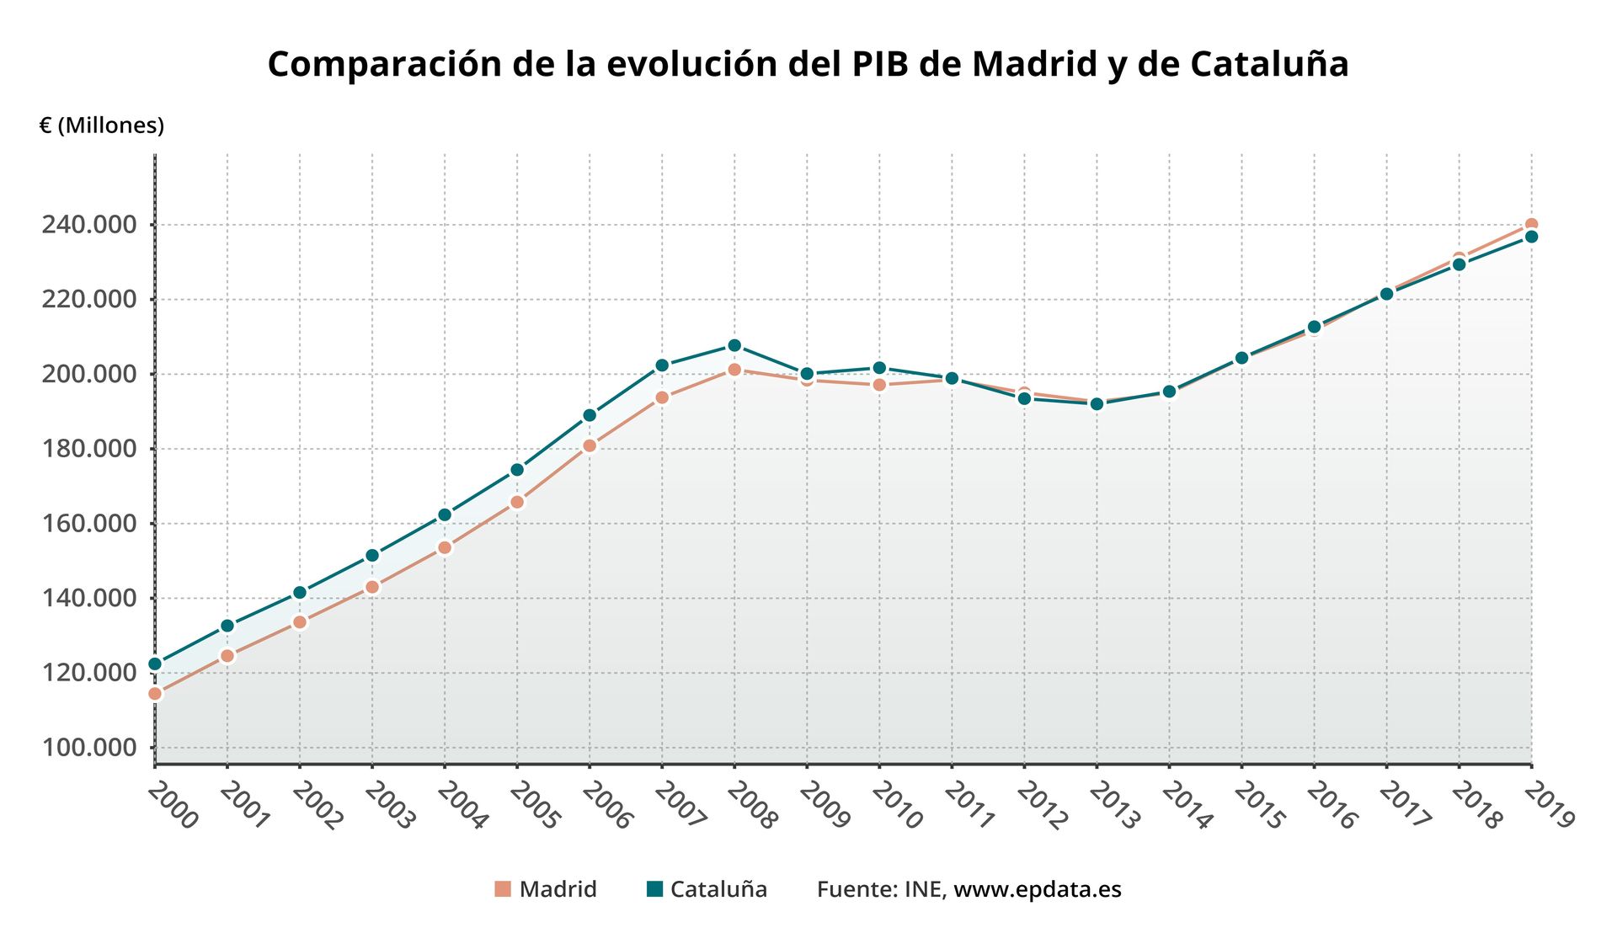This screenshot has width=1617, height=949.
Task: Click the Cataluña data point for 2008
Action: [x=734, y=345]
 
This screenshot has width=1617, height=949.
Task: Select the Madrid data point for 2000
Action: [x=155, y=694]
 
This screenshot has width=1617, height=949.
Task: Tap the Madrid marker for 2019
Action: [x=1531, y=225]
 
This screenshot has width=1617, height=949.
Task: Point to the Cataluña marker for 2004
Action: [x=445, y=514]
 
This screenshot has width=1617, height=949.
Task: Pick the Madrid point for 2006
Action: [x=590, y=445]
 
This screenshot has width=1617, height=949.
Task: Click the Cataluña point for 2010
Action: [x=879, y=368]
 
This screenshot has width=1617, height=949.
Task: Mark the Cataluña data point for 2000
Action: [x=155, y=664]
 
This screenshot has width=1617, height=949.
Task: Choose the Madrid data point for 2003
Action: [x=372, y=587]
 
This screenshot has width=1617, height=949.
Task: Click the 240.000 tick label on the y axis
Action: [x=89, y=225]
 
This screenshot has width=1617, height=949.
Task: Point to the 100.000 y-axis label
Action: [x=89, y=748]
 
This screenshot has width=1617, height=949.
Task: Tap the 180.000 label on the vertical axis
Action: [x=89, y=449]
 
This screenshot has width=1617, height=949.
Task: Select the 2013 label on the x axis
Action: [x=1113, y=805]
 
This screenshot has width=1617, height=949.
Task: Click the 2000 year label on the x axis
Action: [x=173, y=805]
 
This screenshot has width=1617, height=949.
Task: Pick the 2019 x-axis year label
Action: [x=1549, y=805]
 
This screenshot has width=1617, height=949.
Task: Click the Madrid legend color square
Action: [x=503, y=889]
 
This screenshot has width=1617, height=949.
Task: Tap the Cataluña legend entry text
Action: [x=718, y=889]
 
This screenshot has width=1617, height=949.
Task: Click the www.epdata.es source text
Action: [x=1037, y=889]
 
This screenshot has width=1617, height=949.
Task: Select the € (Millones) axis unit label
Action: [x=102, y=125]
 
